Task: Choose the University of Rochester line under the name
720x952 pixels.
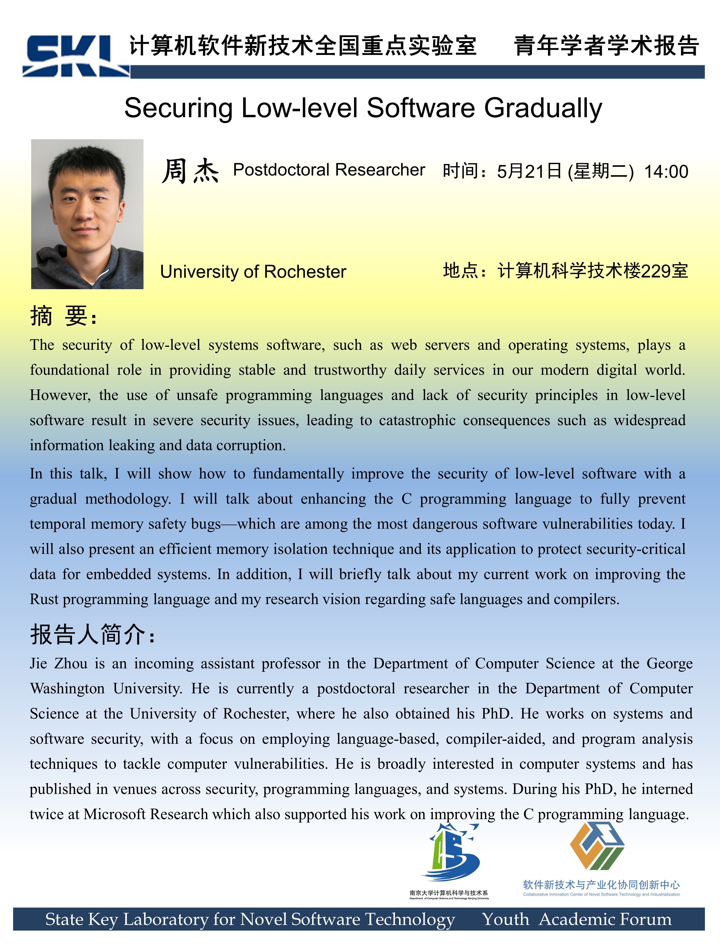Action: pos(253,272)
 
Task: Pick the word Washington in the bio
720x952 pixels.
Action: pos(67,689)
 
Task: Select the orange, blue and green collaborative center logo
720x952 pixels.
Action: pos(597,846)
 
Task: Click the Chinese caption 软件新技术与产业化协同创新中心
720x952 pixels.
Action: pos(601,885)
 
